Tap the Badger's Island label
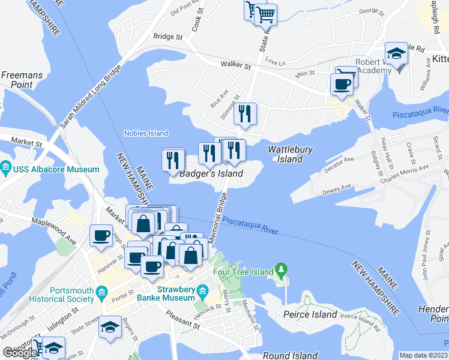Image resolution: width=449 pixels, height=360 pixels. [x=211, y=173]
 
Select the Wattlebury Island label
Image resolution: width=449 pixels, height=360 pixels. [x=285, y=154]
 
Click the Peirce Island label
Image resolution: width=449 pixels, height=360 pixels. [x=310, y=314]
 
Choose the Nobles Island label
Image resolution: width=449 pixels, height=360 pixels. [x=146, y=133]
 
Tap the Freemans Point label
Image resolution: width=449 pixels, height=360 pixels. [x=17, y=80]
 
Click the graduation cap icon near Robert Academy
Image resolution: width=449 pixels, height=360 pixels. [x=396, y=54]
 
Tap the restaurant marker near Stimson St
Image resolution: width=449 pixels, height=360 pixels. [x=245, y=113]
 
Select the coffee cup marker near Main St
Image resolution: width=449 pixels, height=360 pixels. [x=342, y=84]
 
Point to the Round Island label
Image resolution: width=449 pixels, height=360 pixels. [x=290, y=355]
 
